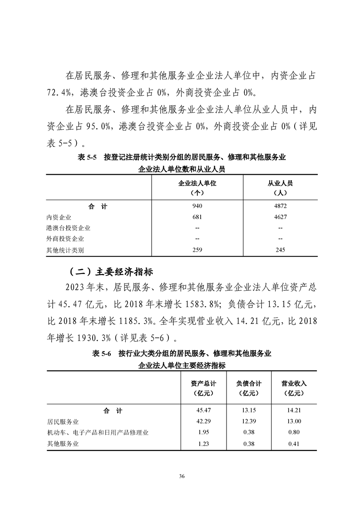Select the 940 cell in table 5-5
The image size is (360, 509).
(197, 206)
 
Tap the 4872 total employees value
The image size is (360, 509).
(280, 206)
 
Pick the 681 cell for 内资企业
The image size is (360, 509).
(197, 217)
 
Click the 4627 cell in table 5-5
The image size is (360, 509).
(280, 217)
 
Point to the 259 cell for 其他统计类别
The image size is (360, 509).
(197, 250)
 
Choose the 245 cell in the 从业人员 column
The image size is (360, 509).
(280, 250)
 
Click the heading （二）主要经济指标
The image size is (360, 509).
(111, 272)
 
